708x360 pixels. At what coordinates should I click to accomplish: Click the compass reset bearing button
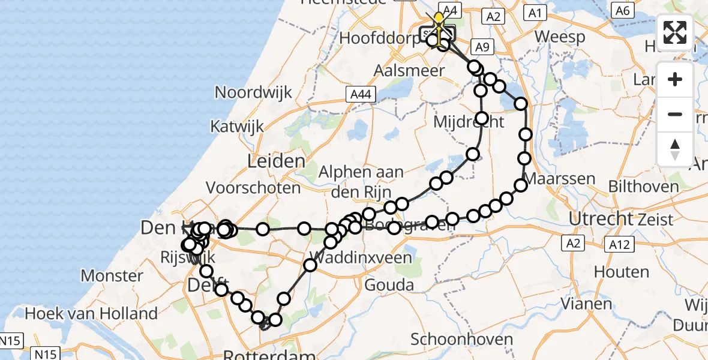[x=675, y=149]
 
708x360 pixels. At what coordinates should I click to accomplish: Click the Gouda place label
[x=389, y=284]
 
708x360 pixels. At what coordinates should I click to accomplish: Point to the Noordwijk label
[x=254, y=92]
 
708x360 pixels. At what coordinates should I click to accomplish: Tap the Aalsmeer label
[x=409, y=70]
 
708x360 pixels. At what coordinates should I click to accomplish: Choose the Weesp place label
[x=559, y=37]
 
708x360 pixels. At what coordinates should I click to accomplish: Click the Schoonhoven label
[x=462, y=339]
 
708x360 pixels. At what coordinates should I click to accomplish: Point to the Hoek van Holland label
[x=91, y=313]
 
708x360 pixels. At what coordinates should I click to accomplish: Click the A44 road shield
[x=358, y=93]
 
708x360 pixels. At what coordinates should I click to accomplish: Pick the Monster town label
[x=112, y=276]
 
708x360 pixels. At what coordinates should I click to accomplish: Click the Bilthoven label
[x=644, y=186]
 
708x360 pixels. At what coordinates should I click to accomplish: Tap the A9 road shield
[x=481, y=47]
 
